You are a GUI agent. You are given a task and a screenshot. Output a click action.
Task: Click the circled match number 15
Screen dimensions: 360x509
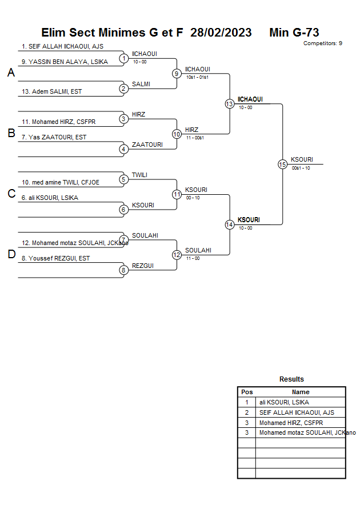[x=282, y=165]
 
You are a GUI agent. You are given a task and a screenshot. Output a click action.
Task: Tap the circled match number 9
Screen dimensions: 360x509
[x=177, y=74]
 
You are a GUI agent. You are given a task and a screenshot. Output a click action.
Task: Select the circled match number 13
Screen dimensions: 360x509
[x=230, y=104]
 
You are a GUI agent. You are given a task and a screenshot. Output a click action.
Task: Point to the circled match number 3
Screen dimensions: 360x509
[x=123, y=119]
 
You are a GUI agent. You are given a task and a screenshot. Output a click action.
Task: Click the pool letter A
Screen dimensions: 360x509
[x=11, y=73]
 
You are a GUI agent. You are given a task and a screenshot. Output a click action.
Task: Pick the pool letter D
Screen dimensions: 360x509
[x=11, y=254]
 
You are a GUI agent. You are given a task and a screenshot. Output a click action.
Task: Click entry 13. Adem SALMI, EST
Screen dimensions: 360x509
[x=51, y=91]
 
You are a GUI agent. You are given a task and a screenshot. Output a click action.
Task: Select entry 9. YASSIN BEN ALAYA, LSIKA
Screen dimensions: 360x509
[x=65, y=62]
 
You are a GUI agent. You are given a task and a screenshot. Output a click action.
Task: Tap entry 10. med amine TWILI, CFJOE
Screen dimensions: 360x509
[x=61, y=182]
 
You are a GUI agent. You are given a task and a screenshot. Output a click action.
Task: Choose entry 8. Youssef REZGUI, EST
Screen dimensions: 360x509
[x=55, y=258]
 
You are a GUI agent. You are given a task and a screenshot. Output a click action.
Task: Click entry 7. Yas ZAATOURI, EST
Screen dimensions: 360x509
[x=54, y=137]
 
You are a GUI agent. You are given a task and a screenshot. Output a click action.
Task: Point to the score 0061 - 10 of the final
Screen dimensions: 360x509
[x=301, y=168]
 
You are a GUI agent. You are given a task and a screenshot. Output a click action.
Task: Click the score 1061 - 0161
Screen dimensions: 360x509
[x=197, y=77]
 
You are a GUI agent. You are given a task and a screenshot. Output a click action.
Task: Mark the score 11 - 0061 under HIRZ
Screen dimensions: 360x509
[x=195, y=138]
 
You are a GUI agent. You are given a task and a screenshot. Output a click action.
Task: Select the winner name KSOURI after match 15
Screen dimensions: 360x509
[x=302, y=159]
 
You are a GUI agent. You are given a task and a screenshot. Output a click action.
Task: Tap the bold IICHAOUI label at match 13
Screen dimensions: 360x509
[x=250, y=99]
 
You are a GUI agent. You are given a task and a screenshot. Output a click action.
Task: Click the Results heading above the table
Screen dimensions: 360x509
[x=291, y=379]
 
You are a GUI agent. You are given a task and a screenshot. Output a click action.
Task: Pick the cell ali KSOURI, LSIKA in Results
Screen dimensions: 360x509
[x=284, y=402]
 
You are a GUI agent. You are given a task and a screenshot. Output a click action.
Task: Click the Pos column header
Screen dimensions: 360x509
[x=247, y=392]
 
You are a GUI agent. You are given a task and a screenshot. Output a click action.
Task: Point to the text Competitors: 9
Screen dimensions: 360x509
[x=323, y=43]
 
